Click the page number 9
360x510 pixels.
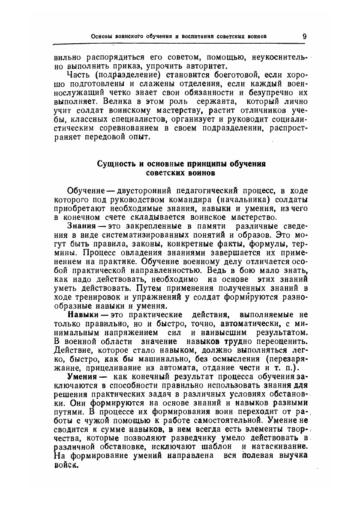click(x=304, y=36)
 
